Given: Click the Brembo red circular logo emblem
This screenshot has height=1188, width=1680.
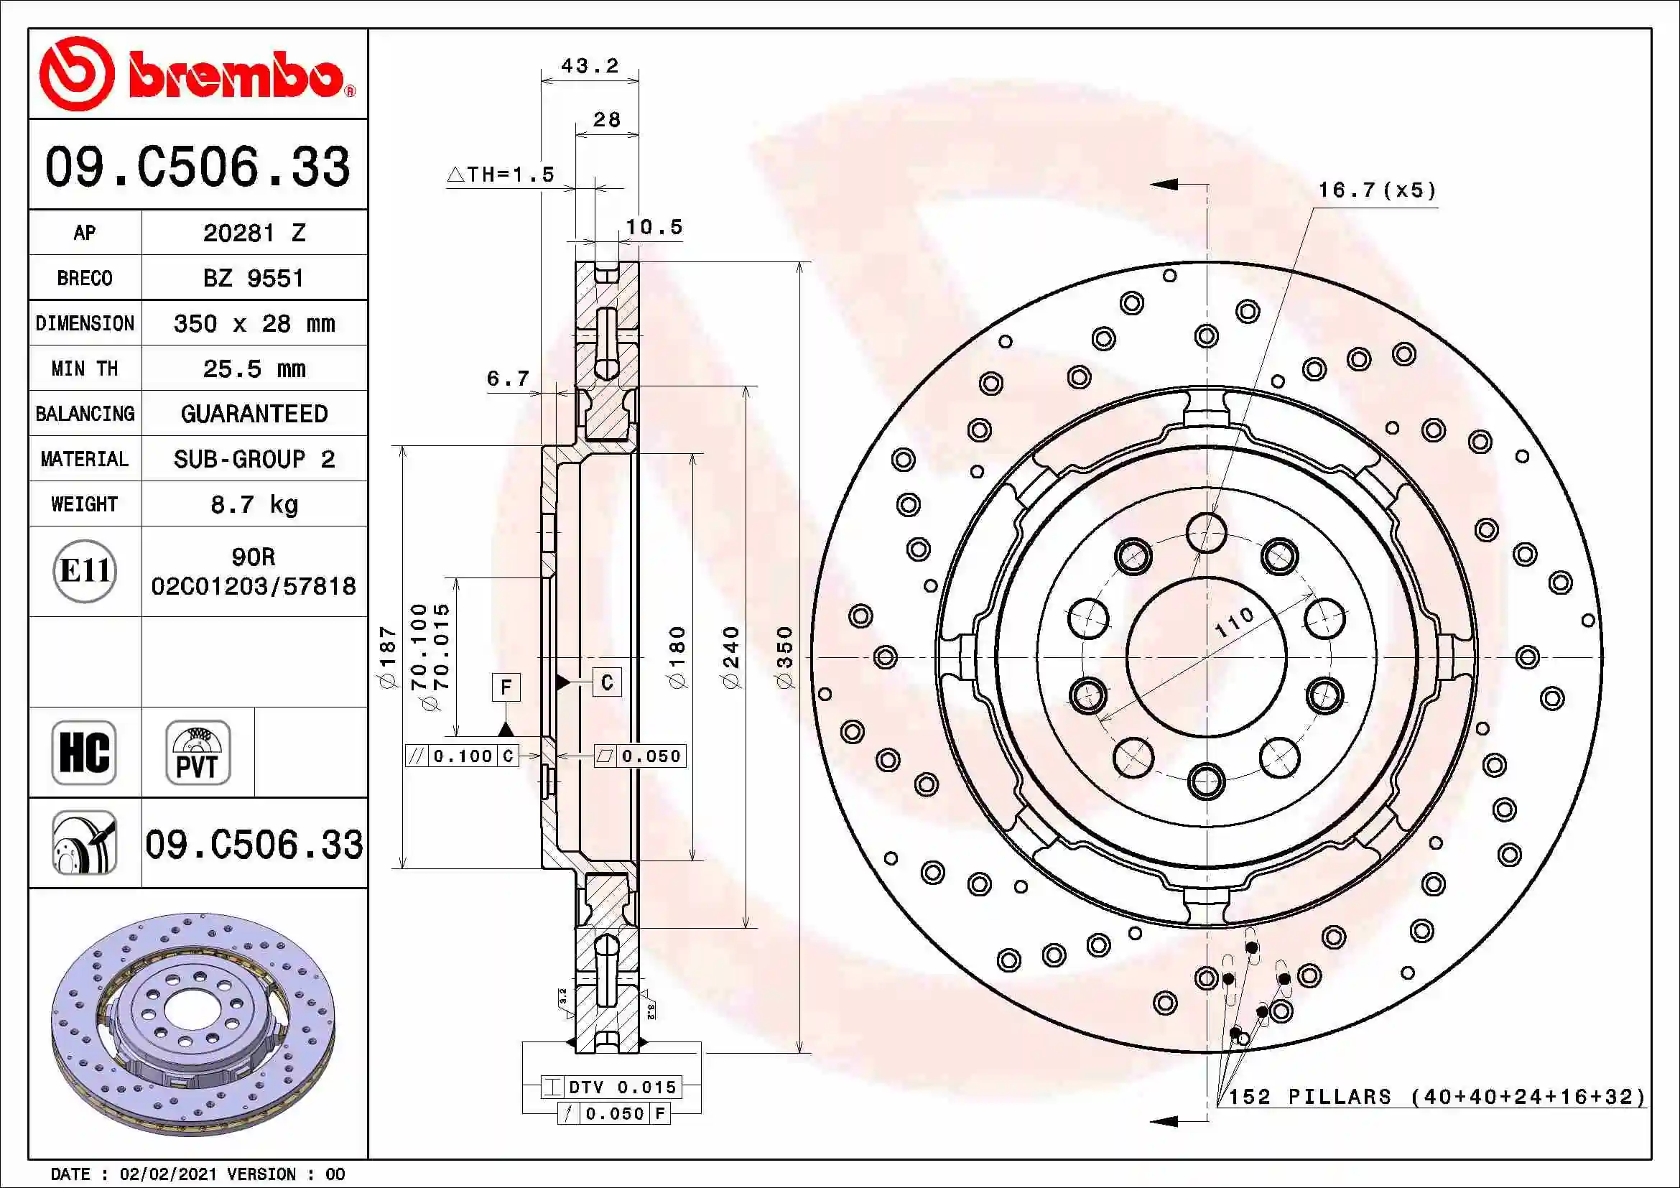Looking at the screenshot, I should [x=76, y=74].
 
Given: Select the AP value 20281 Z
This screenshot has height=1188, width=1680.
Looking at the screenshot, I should [x=254, y=233].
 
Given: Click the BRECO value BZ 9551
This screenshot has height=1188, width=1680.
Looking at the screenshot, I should [x=253, y=279].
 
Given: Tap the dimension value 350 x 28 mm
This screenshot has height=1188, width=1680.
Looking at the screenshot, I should [x=254, y=323].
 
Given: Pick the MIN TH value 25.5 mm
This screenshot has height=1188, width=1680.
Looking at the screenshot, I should [x=254, y=368].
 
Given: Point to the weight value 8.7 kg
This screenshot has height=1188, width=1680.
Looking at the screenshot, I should [x=254, y=504].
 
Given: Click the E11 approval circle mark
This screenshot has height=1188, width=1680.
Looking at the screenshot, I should [x=85, y=570].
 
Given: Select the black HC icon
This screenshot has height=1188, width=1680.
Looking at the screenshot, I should [x=84, y=752].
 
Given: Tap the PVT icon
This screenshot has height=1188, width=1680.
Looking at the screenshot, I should [x=198, y=752].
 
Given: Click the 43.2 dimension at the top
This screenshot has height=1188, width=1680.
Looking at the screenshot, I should [x=590, y=66].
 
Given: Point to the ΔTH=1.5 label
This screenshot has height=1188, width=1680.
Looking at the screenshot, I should [x=501, y=174].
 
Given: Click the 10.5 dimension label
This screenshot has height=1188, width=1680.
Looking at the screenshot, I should [x=654, y=227].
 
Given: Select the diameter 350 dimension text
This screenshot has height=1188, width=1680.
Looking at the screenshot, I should [x=784, y=656].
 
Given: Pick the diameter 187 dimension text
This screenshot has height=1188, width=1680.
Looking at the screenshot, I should [x=387, y=656].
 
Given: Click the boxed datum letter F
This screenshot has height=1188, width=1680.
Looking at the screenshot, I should [x=506, y=687].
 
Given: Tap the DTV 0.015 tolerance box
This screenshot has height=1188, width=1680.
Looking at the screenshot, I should [x=612, y=1087].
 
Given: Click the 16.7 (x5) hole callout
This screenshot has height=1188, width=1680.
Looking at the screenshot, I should [x=1376, y=190].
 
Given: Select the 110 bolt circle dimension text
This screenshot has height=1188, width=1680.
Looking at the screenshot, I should [x=1235, y=622].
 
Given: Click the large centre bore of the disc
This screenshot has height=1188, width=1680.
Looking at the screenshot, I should [x=1206, y=657].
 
